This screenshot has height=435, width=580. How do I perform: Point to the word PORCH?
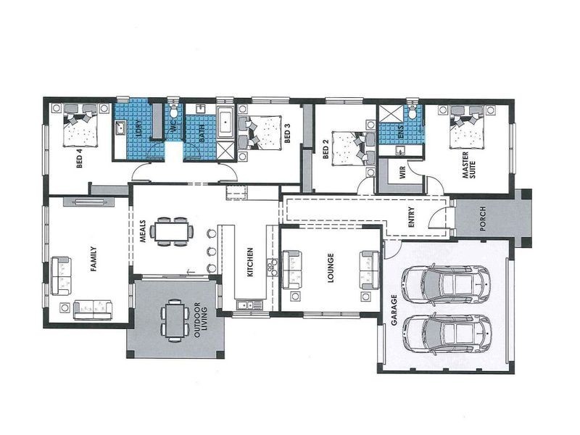click(484, 223)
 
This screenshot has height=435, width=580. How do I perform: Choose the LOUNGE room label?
click(331, 268)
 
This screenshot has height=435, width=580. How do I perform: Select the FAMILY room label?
click(93, 260)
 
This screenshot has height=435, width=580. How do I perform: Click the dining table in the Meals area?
click(173, 231)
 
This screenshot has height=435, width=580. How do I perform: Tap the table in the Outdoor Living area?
click(173, 319)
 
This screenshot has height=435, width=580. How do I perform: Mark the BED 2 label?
click(326, 152)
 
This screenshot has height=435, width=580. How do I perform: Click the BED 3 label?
click(288, 134)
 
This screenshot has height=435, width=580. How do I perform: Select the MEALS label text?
click(143, 233)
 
